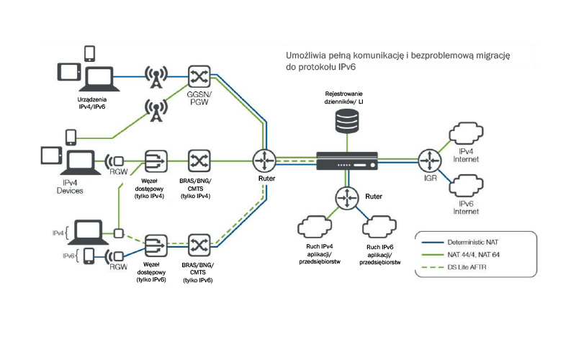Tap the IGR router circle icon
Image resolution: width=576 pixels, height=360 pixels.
click(x=430, y=158)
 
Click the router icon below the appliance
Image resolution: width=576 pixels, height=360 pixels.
click(x=347, y=197)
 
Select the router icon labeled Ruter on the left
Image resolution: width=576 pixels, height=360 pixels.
click(x=264, y=159)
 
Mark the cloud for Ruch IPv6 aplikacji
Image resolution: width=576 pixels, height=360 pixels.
click(x=379, y=228)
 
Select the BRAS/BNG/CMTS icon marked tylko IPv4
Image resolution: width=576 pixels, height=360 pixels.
click(x=198, y=159)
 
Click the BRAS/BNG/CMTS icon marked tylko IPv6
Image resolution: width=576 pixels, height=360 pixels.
click(x=198, y=244)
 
